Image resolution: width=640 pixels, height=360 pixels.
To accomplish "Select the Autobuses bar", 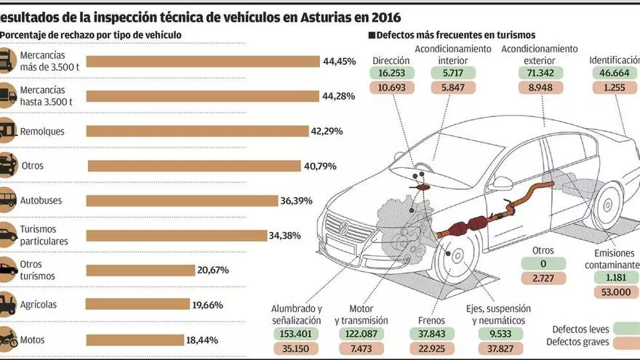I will (x=182, y=200).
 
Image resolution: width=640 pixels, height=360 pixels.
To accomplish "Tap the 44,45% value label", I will (x=340, y=62).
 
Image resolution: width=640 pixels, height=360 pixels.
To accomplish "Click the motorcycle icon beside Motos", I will (x=7, y=339).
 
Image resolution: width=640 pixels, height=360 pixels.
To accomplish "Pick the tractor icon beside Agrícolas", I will (x=7, y=304).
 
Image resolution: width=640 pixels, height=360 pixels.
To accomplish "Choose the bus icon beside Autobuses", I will (x=7, y=199).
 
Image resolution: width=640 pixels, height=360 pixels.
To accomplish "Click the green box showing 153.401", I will (x=296, y=334).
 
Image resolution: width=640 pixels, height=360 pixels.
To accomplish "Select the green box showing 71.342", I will (x=539, y=73).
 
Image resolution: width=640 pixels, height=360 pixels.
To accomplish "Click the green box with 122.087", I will (x=361, y=334).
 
